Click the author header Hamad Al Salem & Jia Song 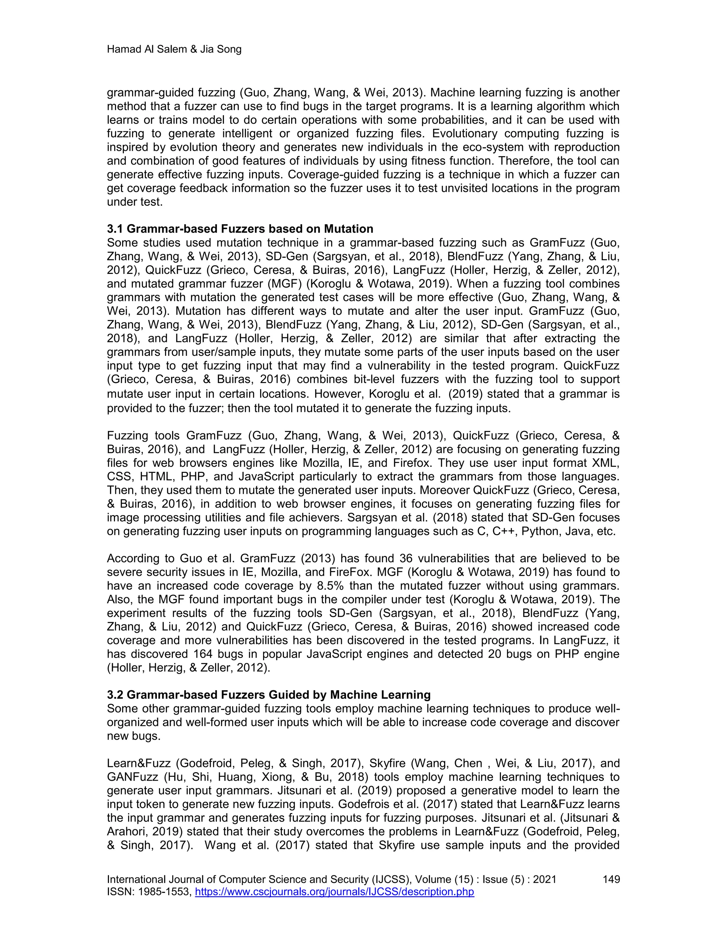[174, 50]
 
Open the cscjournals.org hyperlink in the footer [334, 891]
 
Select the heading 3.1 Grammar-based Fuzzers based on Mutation [240, 229]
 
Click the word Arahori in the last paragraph [127, 832]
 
